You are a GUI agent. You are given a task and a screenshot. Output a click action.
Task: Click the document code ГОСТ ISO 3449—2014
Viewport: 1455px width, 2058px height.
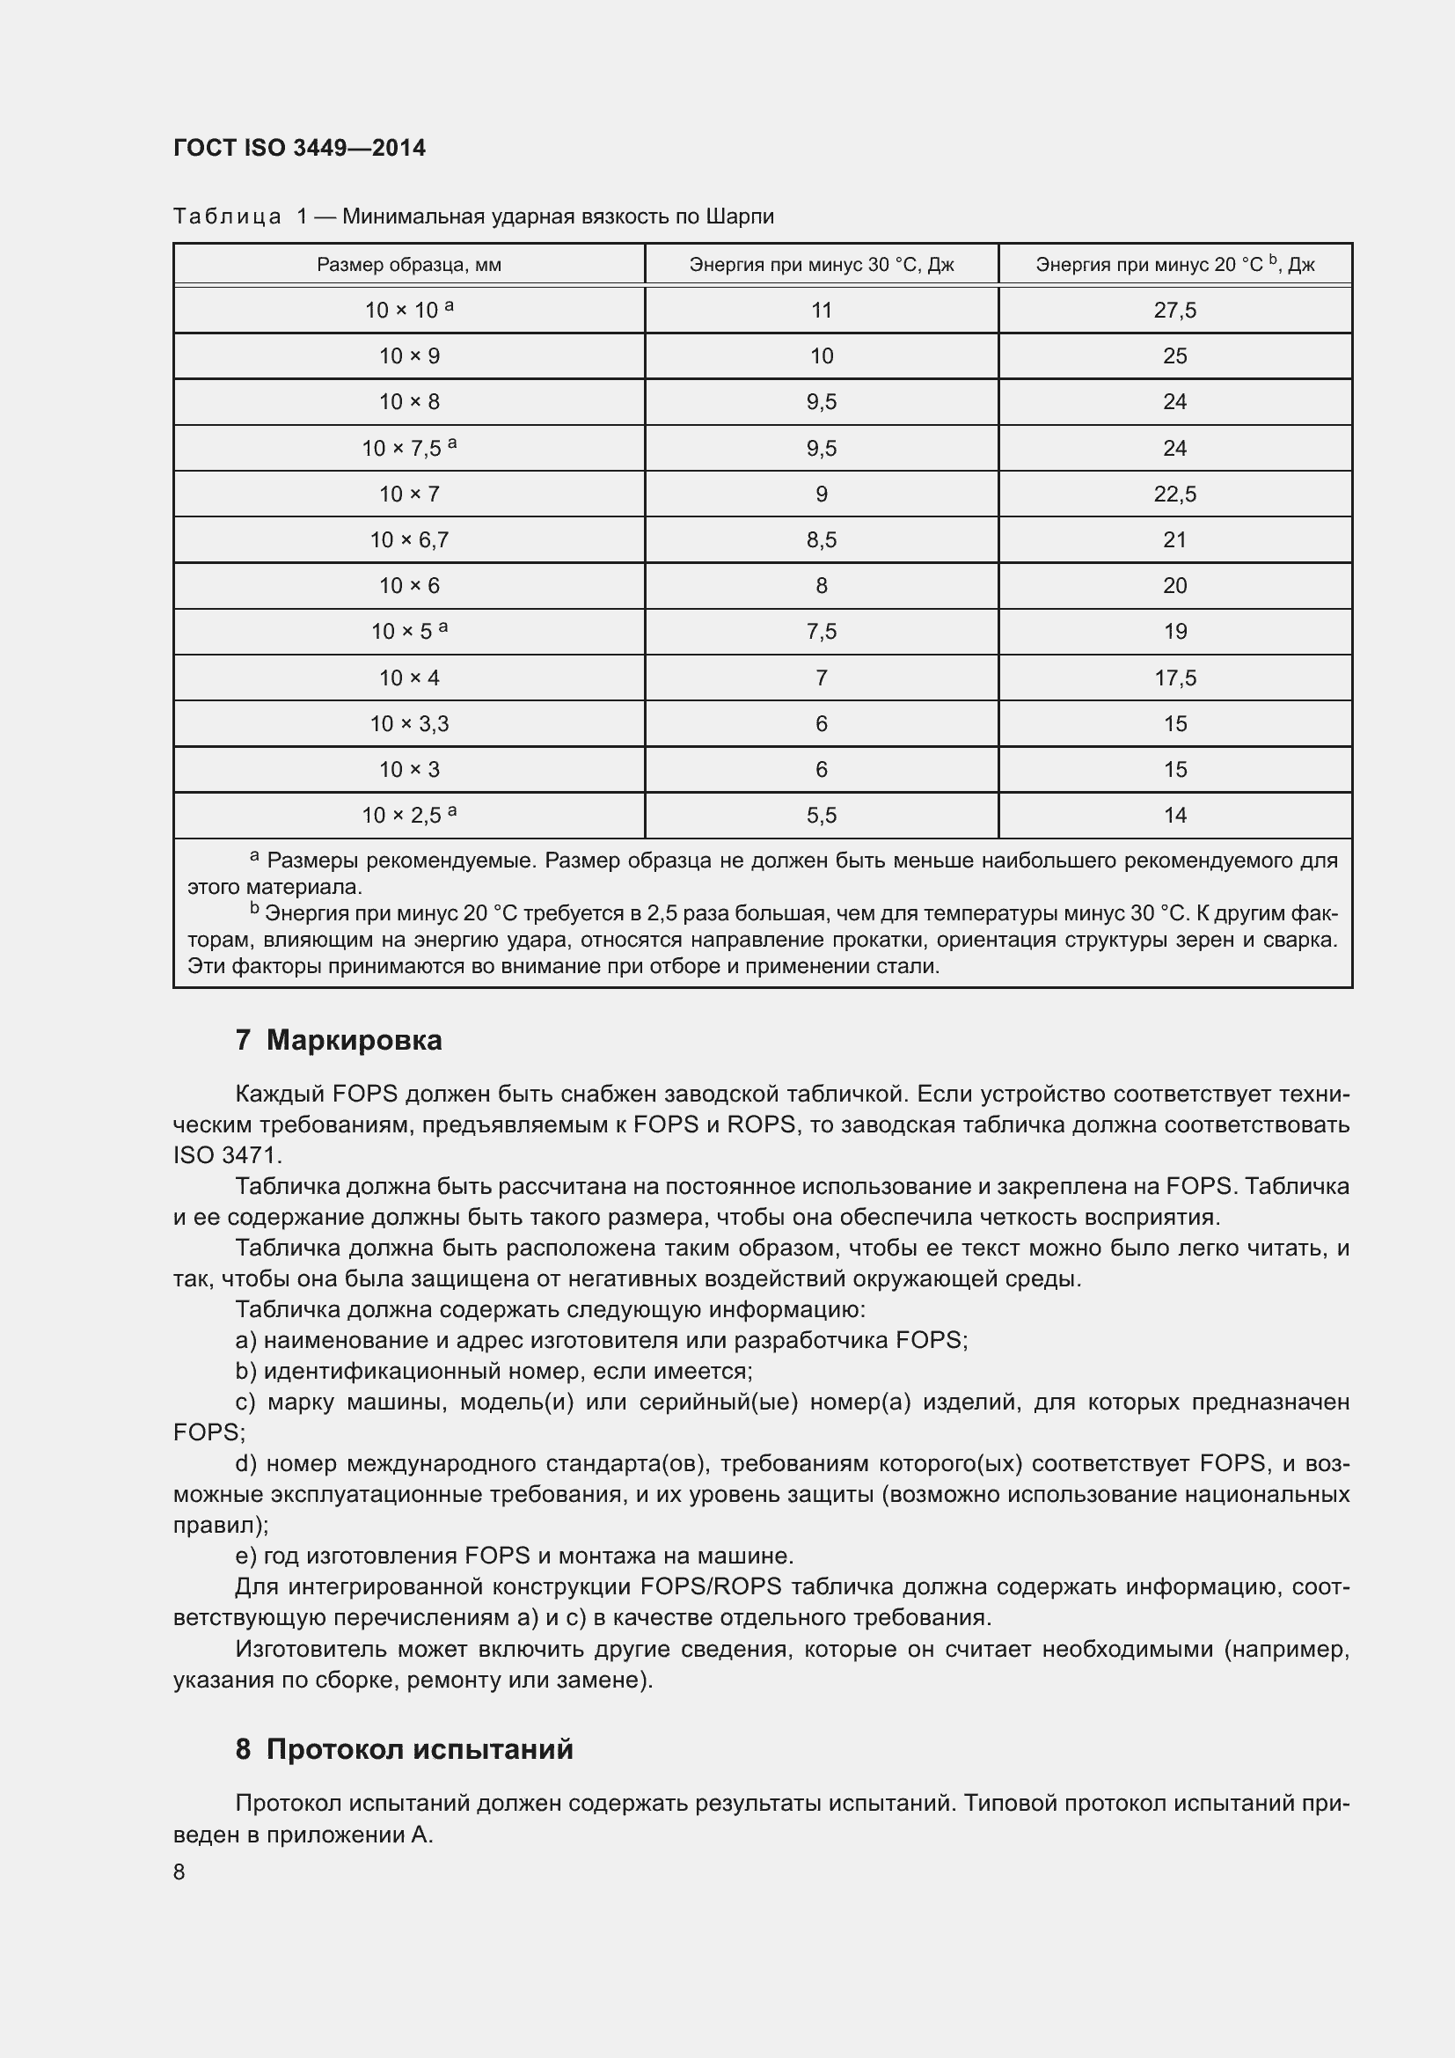299,148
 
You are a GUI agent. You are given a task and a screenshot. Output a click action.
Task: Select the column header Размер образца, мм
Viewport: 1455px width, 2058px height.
408,266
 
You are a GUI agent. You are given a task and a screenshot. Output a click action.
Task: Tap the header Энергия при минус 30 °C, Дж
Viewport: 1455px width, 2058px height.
821,266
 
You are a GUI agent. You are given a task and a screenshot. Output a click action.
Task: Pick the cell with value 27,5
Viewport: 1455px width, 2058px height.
1174,311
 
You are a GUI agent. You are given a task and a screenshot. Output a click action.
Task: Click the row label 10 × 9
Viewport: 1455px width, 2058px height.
408,356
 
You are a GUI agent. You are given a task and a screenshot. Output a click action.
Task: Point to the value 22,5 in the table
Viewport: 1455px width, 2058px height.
1174,494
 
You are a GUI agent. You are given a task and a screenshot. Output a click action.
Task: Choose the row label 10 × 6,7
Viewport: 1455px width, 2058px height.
408,540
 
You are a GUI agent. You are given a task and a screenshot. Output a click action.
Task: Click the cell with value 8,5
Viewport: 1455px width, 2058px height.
821,540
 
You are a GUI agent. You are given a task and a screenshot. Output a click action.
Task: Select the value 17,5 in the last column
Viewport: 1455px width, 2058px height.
1174,678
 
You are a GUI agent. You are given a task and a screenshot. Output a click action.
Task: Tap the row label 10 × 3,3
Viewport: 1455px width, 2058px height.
408,724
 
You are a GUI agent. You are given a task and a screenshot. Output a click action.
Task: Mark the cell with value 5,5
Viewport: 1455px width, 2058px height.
821,816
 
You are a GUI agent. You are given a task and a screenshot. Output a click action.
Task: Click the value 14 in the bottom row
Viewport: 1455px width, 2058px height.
1174,816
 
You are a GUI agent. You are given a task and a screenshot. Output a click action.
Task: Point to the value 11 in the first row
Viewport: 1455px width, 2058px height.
821,311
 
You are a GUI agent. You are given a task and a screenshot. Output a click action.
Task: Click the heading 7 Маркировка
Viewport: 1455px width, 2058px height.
339,1041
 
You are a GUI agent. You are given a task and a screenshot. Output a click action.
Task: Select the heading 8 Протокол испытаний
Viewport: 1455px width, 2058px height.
404,1750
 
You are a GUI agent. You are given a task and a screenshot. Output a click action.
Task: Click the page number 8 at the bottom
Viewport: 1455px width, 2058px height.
179,1872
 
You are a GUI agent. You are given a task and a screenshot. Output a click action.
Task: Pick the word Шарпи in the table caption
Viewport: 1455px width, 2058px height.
739,217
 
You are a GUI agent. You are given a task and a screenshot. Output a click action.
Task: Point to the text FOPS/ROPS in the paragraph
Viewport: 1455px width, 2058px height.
711,1587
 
